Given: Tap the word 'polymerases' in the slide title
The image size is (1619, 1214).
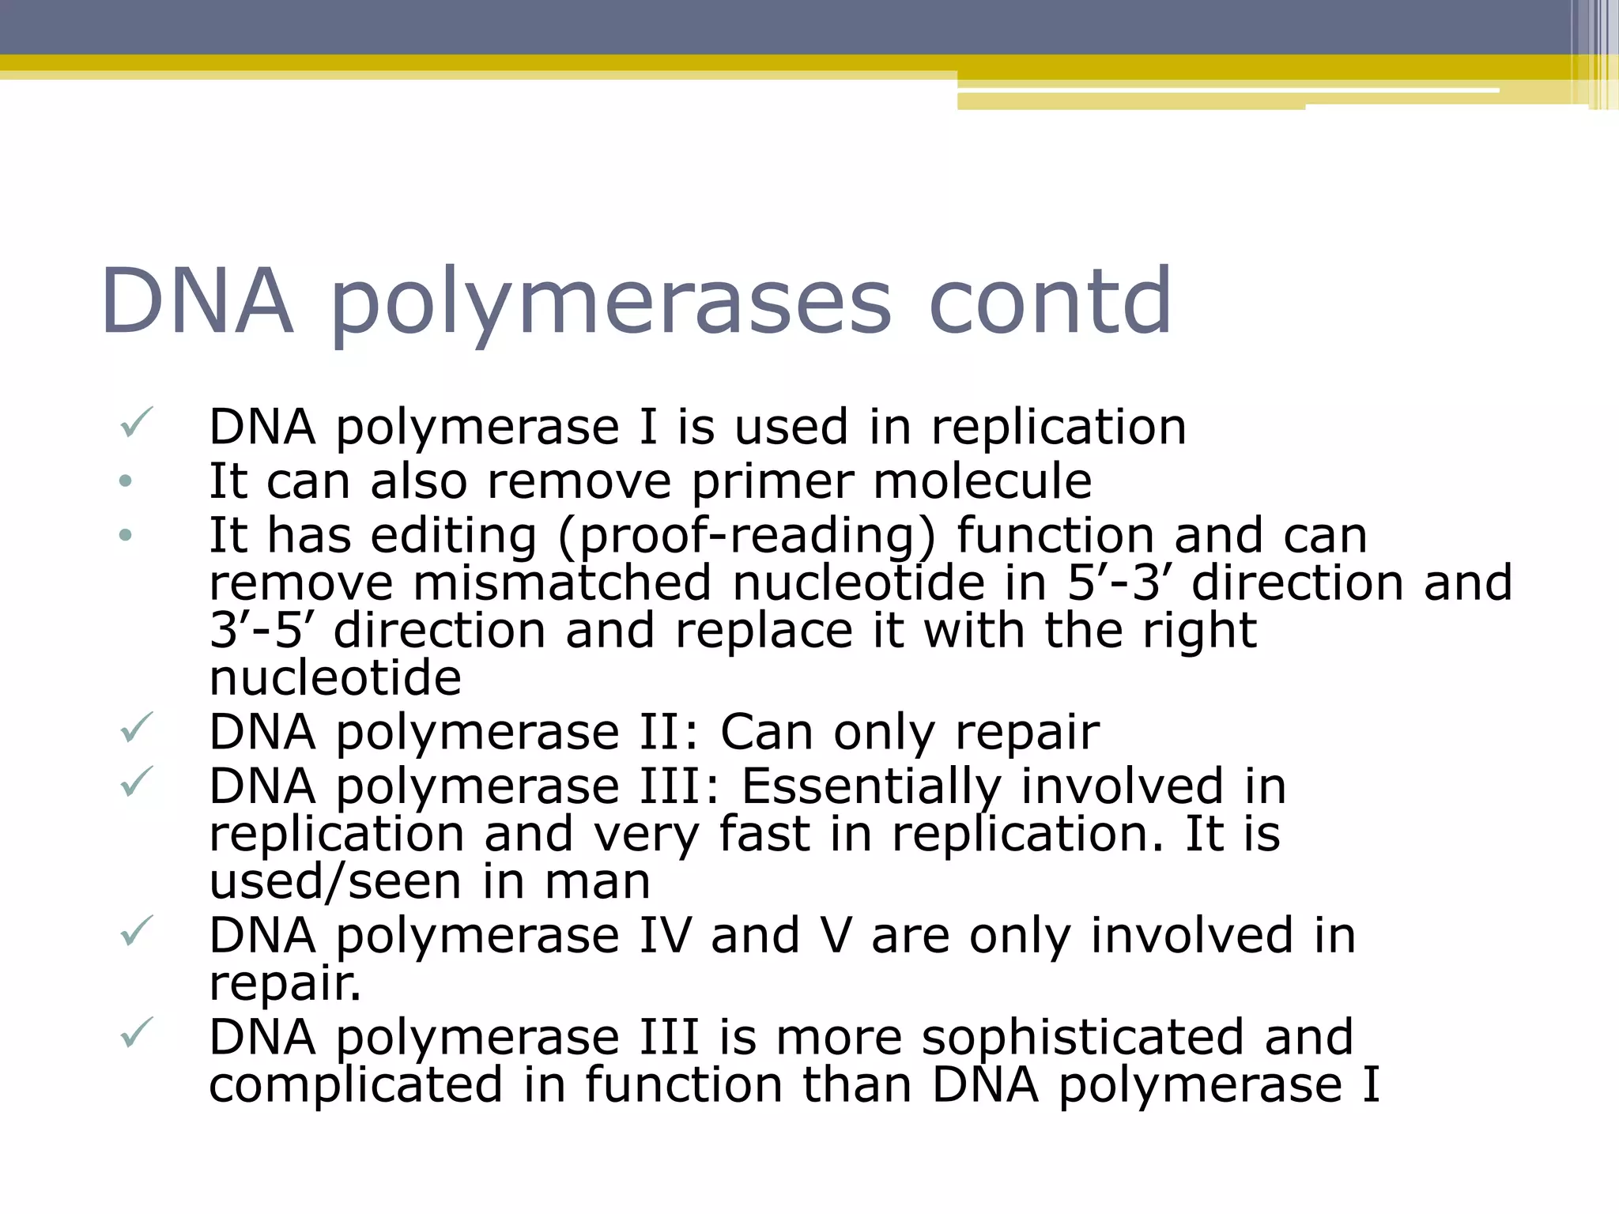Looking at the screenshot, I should click(x=610, y=304).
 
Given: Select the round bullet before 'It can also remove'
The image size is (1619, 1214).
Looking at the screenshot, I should click(x=125, y=481).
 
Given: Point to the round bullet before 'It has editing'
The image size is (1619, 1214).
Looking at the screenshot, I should click(x=125, y=536).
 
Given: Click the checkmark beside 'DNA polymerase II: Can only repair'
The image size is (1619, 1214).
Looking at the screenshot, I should click(x=135, y=728).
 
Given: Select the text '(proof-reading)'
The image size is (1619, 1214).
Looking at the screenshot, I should click(x=746, y=537).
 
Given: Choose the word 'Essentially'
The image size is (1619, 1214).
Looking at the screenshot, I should click(x=870, y=787).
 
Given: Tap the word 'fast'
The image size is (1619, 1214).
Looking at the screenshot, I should click(x=764, y=835).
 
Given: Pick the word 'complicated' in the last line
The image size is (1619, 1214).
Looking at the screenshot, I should click(x=356, y=1085).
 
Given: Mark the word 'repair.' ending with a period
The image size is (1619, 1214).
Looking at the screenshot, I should click(x=285, y=985).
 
